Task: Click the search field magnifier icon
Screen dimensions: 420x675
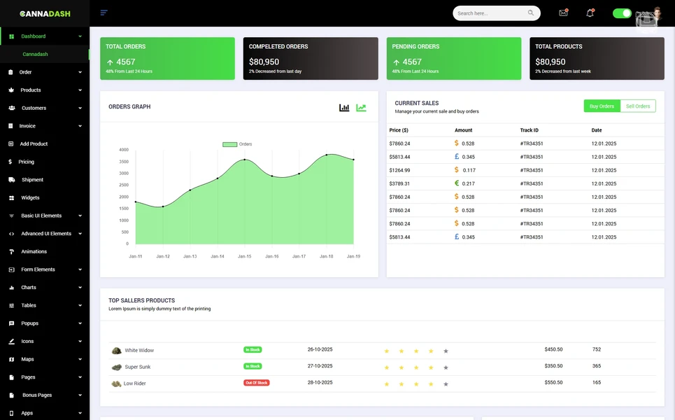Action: [x=531, y=13]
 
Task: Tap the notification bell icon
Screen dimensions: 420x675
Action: [x=590, y=13]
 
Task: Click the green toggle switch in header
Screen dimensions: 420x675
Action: [x=622, y=13]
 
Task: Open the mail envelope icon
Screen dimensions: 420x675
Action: [x=563, y=13]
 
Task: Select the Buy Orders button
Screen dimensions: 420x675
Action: [x=602, y=106]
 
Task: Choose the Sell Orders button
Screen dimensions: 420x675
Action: [x=638, y=106]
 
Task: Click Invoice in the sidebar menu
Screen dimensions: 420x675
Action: [x=27, y=126]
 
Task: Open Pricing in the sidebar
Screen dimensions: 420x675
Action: [x=26, y=162]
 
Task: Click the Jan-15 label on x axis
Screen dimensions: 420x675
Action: [x=244, y=256]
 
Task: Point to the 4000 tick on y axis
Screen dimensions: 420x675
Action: [x=123, y=150]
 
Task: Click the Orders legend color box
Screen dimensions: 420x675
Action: [x=229, y=144]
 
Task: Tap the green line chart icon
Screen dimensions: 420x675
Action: [x=361, y=108]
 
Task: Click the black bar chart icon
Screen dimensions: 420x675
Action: [x=344, y=108]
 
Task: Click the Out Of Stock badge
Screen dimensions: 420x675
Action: [x=256, y=383]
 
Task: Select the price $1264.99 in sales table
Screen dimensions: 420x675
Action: [x=399, y=170]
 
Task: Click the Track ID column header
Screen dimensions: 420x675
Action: [x=530, y=130]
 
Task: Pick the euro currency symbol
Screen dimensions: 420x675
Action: [x=457, y=183]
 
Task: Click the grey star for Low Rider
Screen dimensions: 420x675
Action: [x=446, y=384]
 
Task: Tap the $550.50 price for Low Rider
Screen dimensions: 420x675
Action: [x=553, y=383]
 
